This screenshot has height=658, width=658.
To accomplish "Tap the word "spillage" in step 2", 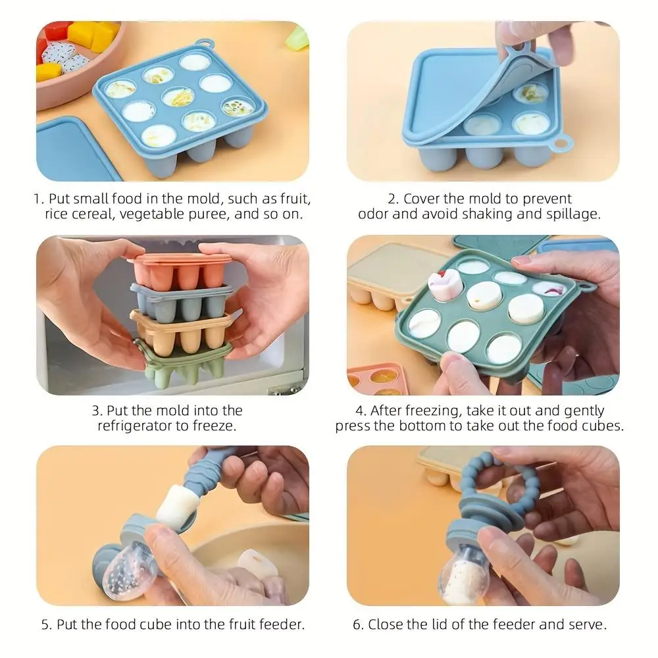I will click(x=572, y=215).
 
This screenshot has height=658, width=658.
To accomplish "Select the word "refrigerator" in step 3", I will click(x=138, y=426).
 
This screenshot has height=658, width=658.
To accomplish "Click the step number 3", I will click(x=95, y=411).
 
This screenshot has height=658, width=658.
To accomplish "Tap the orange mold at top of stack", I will click(x=179, y=270).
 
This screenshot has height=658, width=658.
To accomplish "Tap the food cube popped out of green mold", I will click(x=444, y=285).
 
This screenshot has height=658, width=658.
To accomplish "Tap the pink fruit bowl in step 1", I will click(x=72, y=86).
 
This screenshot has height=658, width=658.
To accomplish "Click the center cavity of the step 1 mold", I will click(x=178, y=97).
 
